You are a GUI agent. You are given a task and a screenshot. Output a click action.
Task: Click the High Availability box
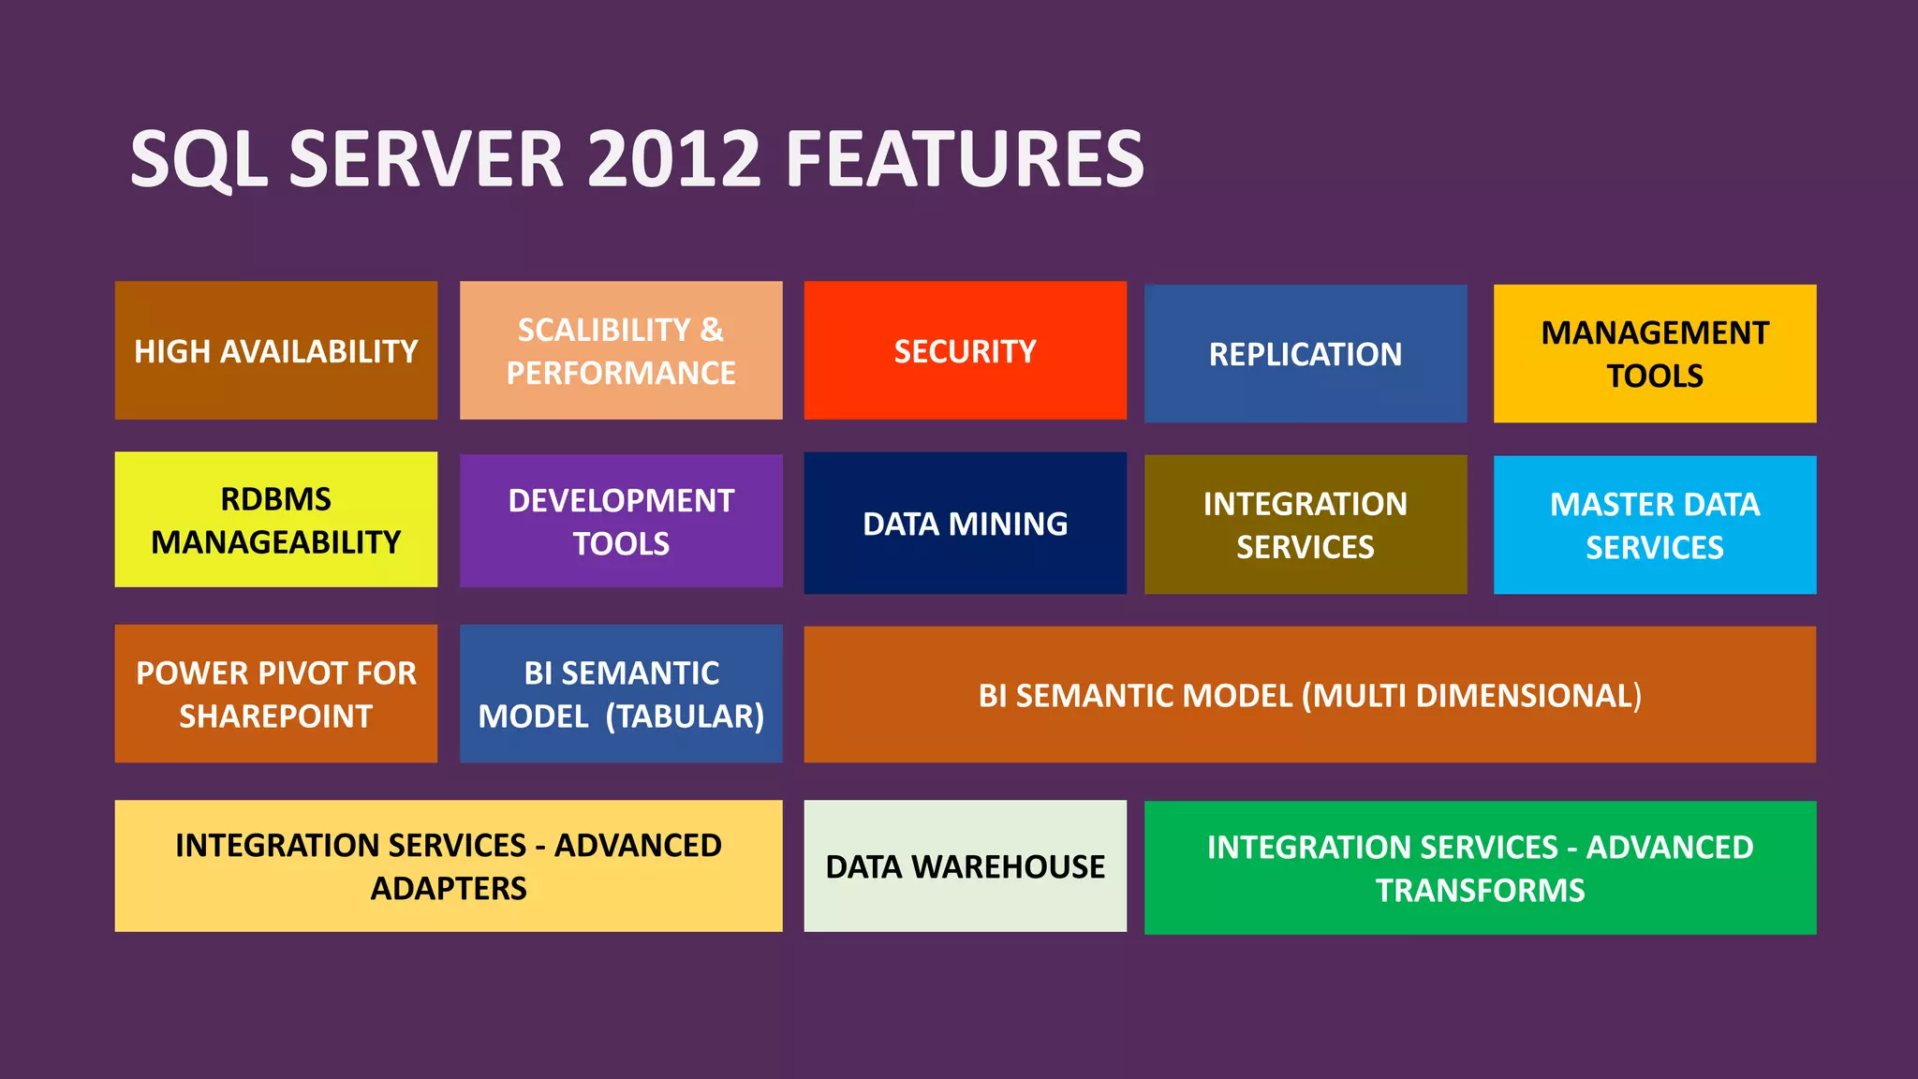tap(275, 350)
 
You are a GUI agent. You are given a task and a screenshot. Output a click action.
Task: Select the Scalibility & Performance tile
tap(621, 350)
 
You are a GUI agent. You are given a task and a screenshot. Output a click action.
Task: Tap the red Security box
tap(965, 350)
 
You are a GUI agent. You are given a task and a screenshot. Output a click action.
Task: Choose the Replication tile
tap(1305, 354)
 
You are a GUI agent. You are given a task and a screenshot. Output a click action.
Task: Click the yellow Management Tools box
tap(1654, 354)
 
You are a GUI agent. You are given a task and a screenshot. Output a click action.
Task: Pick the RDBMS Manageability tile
tap(275, 520)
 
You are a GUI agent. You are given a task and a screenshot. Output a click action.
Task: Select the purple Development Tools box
tap(621, 521)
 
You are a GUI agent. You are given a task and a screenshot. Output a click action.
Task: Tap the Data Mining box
tap(965, 523)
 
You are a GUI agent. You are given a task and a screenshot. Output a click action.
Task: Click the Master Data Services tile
tap(1654, 525)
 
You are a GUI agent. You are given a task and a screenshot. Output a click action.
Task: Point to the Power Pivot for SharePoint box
tap(275, 694)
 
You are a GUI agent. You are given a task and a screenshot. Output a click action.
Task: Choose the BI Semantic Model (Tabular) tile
tap(621, 694)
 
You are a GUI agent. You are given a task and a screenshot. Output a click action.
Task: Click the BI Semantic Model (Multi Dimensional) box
tap(1309, 695)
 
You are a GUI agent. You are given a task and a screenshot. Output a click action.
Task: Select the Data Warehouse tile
tap(965, 866)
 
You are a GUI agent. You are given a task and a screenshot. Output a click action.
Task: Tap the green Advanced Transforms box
tap(1480, 868)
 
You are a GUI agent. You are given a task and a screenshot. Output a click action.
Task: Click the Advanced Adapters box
tap(448, 866)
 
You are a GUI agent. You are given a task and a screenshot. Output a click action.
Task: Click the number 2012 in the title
tap(673, 159)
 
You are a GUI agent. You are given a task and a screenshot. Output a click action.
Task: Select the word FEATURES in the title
tap(965, 159)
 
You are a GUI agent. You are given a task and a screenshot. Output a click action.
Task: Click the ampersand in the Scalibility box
tap(712, 330)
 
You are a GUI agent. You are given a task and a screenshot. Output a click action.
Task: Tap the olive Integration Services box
tap(1305, 525)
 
